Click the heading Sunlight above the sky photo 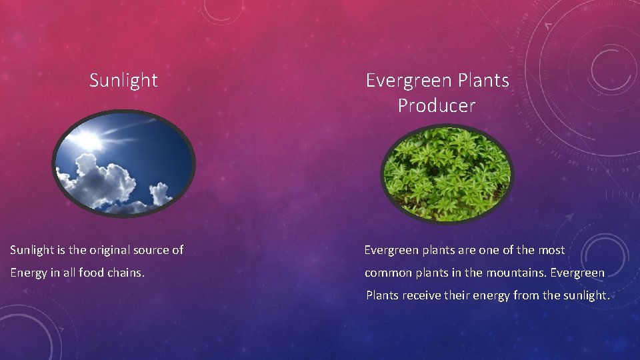coord(123,81)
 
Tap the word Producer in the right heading coord(437,105)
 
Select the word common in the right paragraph coord(387,273)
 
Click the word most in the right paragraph coord(551,250)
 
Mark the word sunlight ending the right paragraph coord(585,295)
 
